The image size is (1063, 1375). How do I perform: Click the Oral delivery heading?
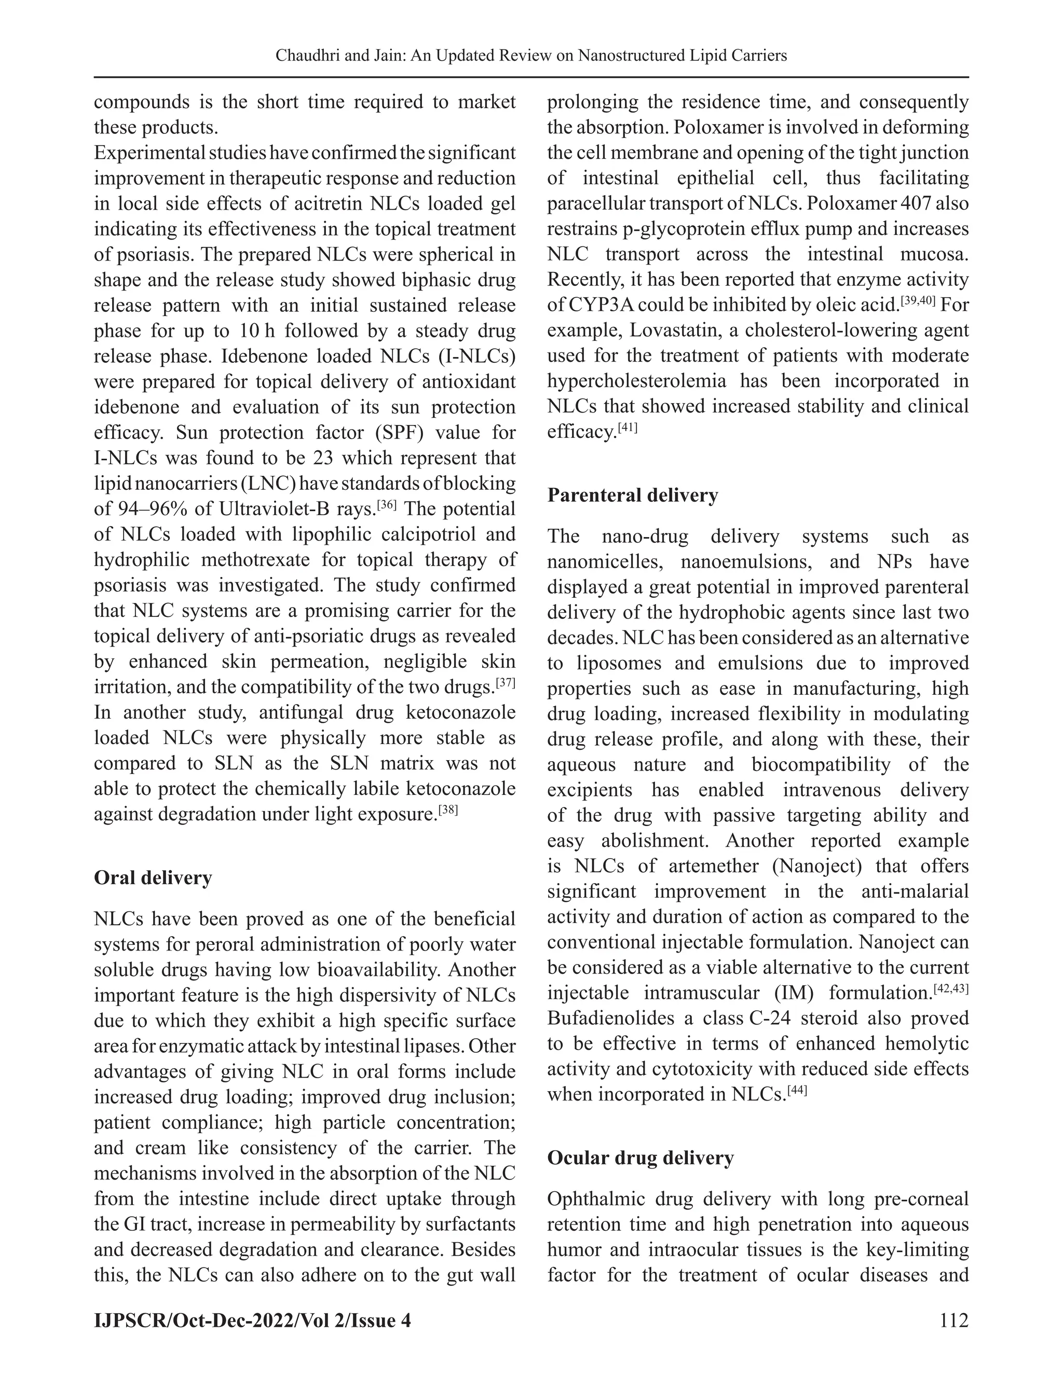pos(153,877)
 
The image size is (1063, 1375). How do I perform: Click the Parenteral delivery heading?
pos(632,495)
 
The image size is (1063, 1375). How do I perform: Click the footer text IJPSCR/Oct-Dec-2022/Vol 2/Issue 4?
pos(252,1319)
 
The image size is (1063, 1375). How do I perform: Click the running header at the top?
pos(531,56)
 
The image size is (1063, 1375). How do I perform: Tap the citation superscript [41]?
pos(628,428)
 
